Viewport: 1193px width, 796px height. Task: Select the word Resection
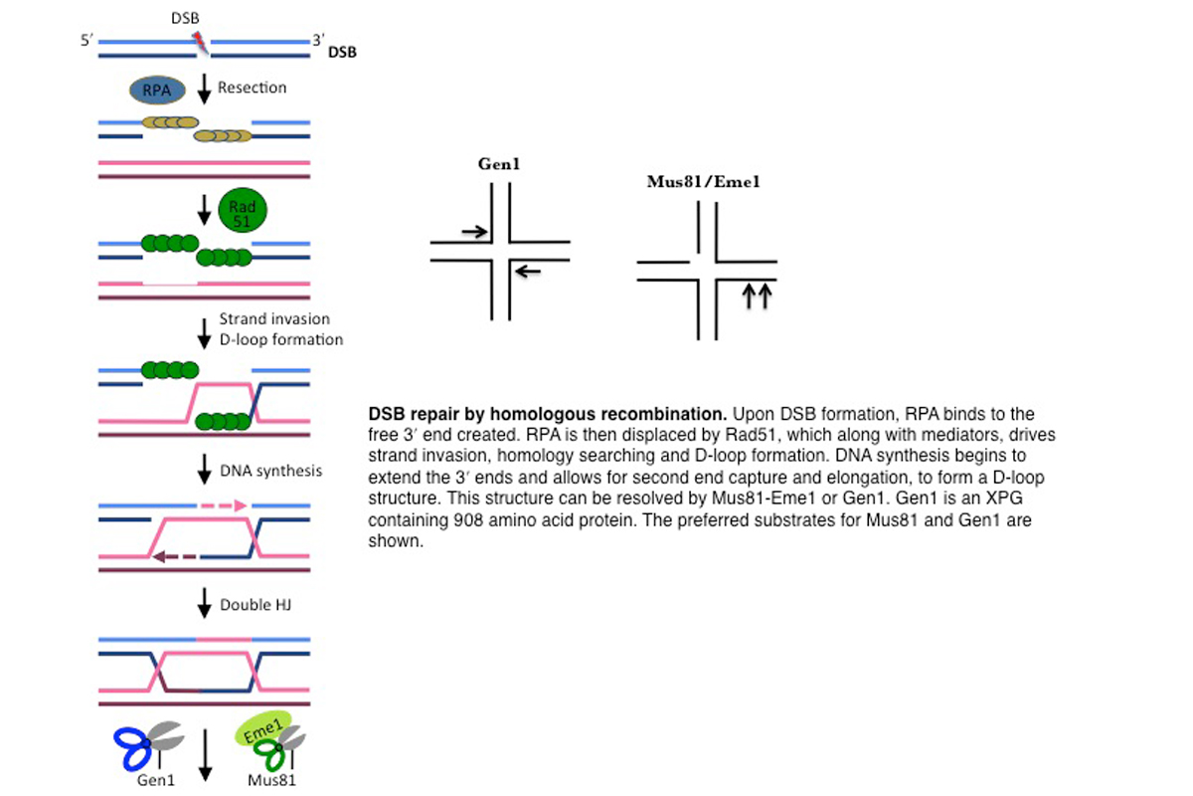[253, 88]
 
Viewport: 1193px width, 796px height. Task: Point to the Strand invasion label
[274, 319]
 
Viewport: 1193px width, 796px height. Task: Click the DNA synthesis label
[271, 470]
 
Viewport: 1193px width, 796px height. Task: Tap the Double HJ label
[255, 604]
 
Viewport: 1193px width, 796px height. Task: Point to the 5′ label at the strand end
[88, 42]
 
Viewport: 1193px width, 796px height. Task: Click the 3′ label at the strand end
[318, 41]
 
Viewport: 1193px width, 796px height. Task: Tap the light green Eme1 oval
[264, 729]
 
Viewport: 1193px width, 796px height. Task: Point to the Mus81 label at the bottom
[271, 780]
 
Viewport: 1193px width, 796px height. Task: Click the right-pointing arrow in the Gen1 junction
[474, 232]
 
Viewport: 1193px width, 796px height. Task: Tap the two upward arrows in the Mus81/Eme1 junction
[757, 296]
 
